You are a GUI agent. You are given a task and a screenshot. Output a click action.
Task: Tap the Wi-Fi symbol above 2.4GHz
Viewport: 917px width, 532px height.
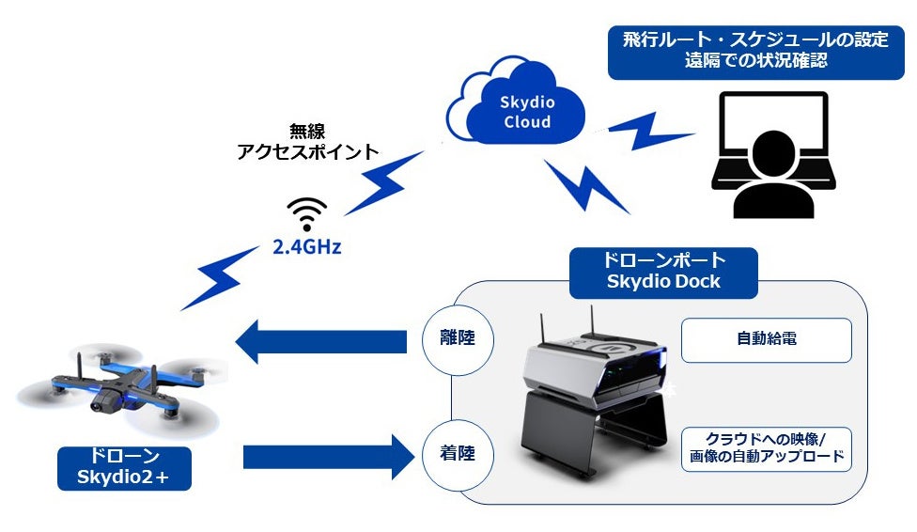[307, 215]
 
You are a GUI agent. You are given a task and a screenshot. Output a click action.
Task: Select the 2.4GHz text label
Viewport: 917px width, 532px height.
[307, 248]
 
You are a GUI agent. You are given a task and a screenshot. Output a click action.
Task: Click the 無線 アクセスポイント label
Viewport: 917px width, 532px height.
[307, 142]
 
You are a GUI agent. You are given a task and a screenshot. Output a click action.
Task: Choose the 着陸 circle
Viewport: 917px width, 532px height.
[456, 453]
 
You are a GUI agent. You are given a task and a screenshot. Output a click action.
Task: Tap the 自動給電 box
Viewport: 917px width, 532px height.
[766, 339]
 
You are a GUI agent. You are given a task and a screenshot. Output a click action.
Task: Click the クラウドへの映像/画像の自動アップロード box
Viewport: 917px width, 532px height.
[766, 448]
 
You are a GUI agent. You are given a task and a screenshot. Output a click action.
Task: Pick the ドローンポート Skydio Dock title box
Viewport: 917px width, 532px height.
[663, 273]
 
